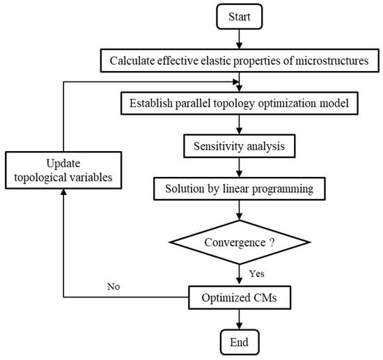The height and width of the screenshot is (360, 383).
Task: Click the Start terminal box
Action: point(240,15)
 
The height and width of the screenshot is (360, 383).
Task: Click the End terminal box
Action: point(240,342)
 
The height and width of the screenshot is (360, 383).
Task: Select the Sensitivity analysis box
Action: point(240,148)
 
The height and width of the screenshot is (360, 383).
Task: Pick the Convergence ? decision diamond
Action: point(240,243)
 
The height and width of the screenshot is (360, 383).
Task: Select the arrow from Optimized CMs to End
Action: point(240,320)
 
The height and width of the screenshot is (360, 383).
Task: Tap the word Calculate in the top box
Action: point(134,61)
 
